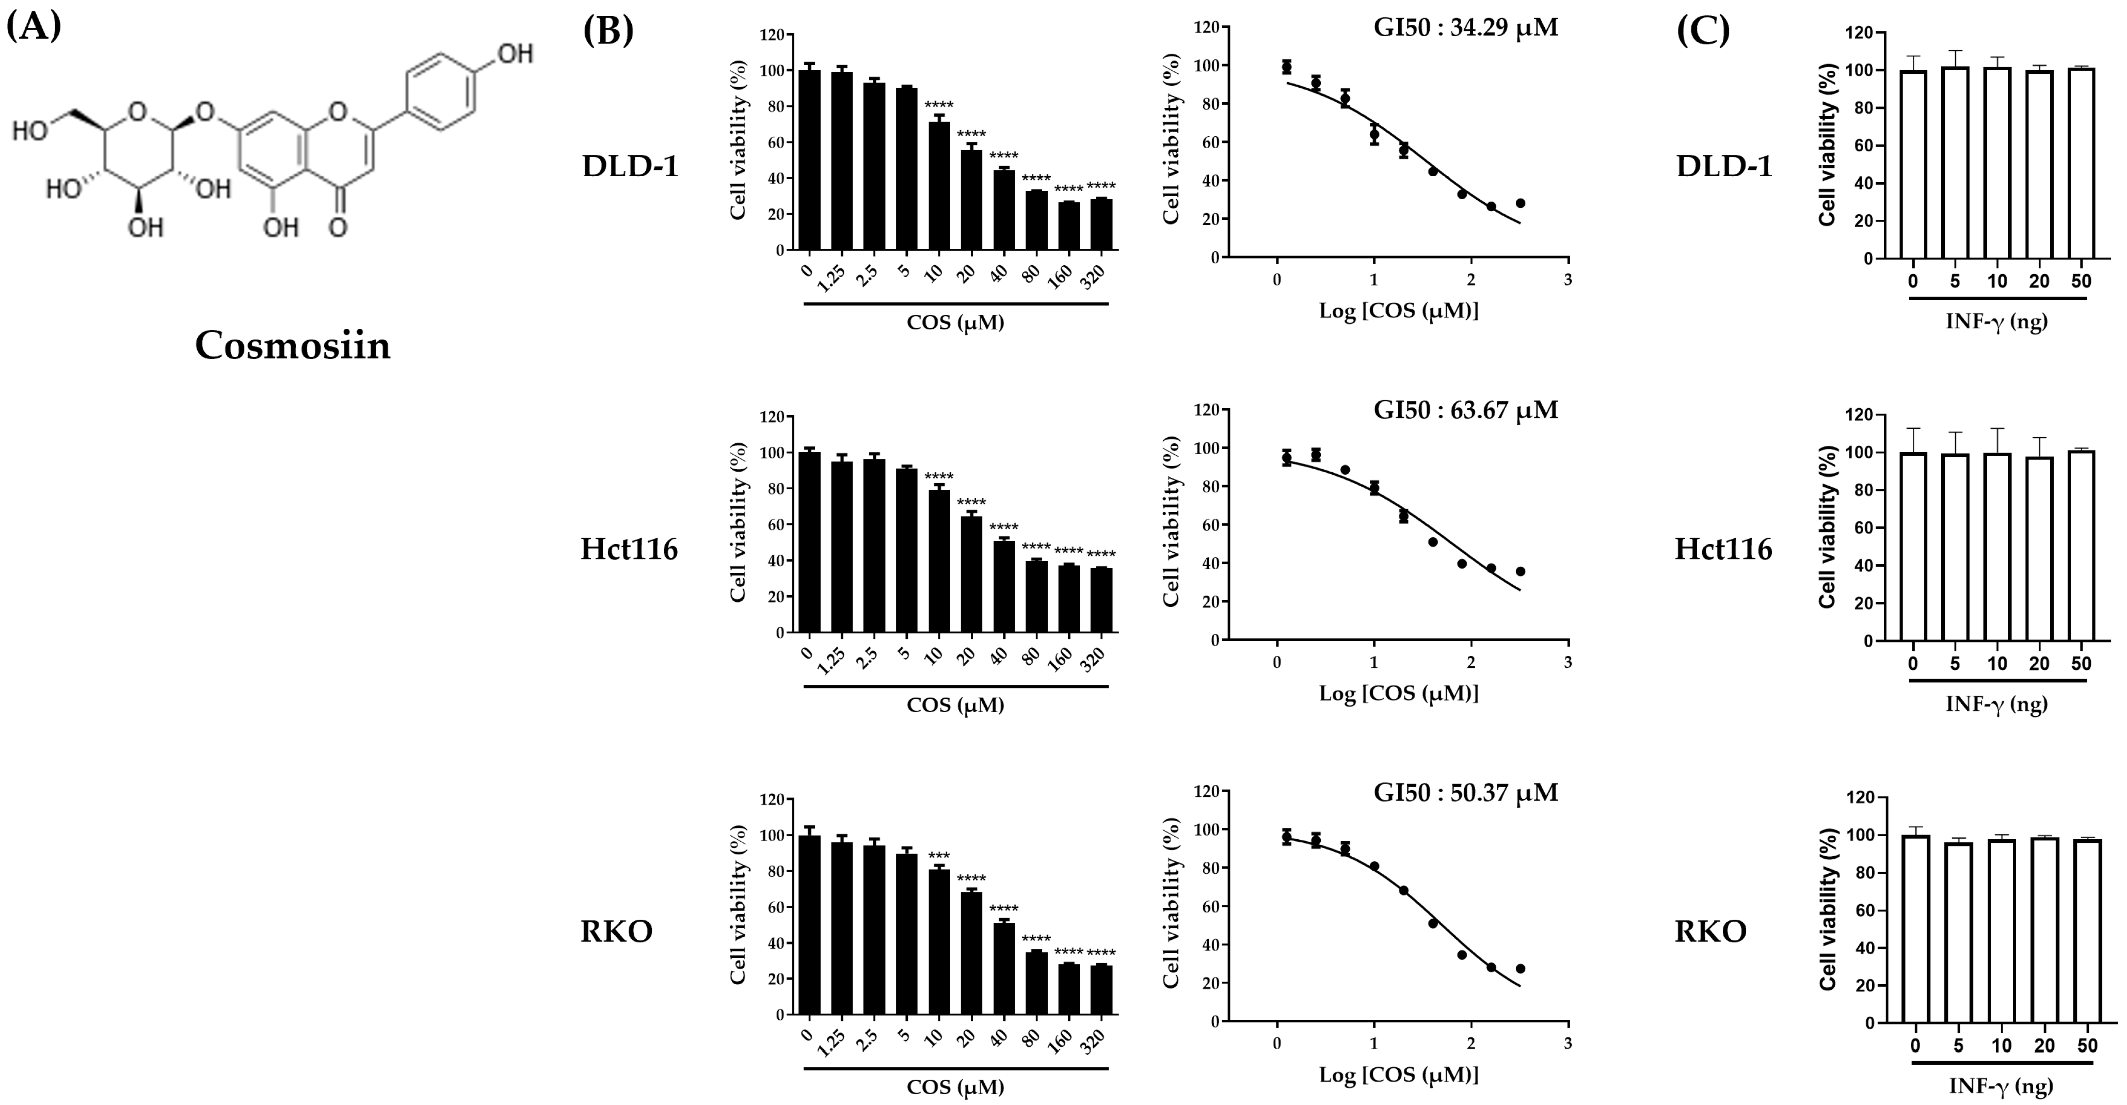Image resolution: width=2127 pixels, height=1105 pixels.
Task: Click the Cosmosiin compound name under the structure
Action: [x=292, y=345]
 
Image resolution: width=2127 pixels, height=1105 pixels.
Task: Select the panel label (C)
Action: [x=1703, y=30]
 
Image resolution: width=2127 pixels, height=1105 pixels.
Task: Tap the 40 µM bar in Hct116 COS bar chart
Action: [x=1003, y=586]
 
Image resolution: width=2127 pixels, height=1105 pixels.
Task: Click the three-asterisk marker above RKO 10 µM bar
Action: [x=939, y=856]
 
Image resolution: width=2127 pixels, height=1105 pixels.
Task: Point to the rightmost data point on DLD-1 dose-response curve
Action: [x=1520, y=203]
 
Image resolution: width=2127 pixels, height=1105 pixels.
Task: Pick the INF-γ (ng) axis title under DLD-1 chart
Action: [x=1996, y=321]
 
